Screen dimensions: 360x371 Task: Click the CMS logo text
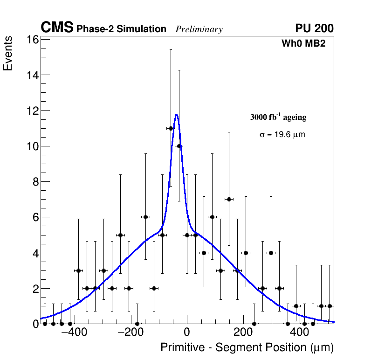57,28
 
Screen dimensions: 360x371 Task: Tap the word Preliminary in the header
199,29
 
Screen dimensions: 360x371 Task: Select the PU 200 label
314,28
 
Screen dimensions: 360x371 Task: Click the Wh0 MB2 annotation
303,43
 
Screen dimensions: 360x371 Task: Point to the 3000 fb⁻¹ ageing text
278,117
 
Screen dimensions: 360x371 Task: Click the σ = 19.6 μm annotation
282,135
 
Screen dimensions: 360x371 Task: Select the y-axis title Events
8,54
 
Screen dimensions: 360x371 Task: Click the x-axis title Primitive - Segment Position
247,347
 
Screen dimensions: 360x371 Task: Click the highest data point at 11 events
171,128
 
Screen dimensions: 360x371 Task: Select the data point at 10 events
179,146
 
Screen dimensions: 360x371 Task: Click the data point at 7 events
229,199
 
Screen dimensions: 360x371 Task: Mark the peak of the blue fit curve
176,114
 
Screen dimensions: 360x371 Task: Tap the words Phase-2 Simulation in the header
121,29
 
